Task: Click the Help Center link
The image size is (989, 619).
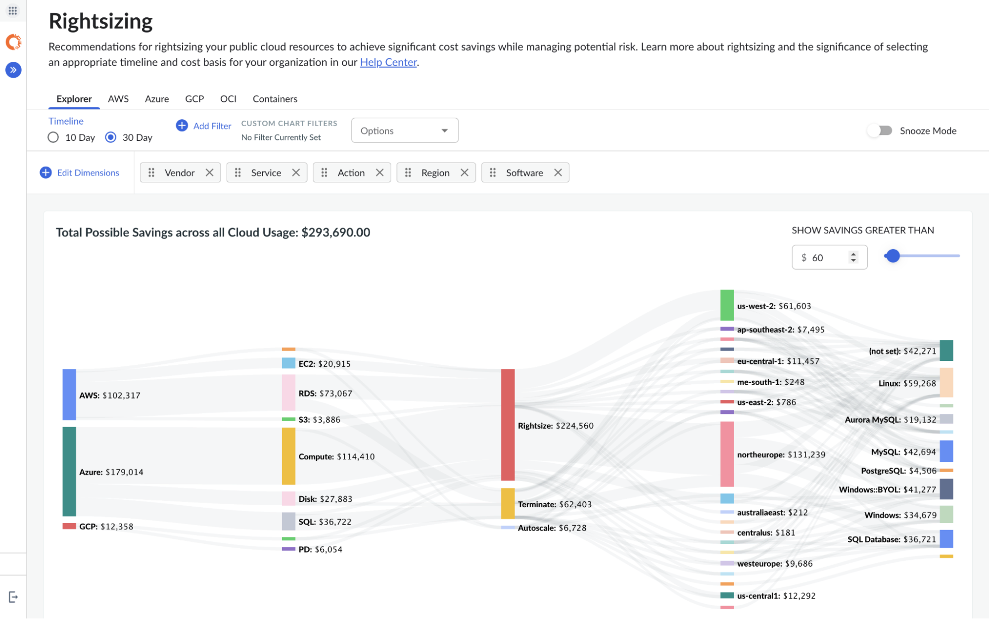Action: (x=388, y=62)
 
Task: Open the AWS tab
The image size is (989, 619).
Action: (x=118, y=99)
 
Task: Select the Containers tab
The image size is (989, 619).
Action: (x=275, y=99)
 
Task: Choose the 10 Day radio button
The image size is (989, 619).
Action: (x=53, y=137)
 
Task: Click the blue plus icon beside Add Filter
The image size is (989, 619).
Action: (x=182, y=126)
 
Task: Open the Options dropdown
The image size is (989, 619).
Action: (x=405, y=131)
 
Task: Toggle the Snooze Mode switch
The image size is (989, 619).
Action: (x=880, y=131)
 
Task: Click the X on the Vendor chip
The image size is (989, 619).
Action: (x=210, y=173)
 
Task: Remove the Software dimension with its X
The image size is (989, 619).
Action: (x=558, y=173)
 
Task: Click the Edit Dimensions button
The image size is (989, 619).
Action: (x=80, y=173)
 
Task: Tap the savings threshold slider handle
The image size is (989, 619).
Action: (x=893, y=256)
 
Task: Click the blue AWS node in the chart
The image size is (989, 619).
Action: (x=69, y=395)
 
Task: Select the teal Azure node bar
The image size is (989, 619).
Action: (x=69, y=472)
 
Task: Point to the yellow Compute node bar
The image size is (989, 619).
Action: (x=288, y=456)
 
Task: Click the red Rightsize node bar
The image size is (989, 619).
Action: (x=508, y=425)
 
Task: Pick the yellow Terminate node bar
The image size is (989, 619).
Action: (x=508, y=503)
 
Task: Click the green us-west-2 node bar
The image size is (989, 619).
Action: (x=727, y=305)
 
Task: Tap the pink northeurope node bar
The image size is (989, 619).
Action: (x=727, y=454)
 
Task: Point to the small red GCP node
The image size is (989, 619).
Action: (x=69, y=526)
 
